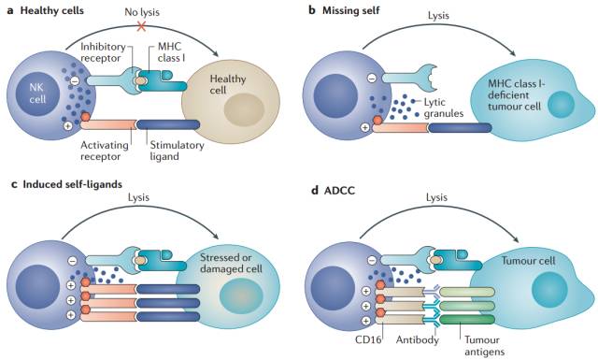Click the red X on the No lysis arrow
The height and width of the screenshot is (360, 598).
point(141,26)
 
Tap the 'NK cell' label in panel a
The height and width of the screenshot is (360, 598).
point(37,94)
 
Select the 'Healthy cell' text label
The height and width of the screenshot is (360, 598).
point(228,84)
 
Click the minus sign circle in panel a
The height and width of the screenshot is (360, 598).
point(75,80)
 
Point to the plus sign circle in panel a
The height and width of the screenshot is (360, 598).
point(68,125)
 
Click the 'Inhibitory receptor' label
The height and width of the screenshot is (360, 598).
point(103,52)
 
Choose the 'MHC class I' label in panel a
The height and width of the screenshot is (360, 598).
point(171,52)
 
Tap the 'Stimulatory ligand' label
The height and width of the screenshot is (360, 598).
point(177,151)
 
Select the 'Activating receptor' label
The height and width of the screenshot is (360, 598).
point(104,151)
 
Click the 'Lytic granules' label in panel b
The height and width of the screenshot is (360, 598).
point(444,108)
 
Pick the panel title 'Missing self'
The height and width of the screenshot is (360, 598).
point(351,10)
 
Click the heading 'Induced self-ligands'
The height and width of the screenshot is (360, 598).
point(73,184)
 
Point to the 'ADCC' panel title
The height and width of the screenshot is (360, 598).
point(339,190)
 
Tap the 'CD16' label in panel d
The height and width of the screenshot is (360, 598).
point(368,339)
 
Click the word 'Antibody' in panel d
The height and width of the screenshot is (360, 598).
point(418,339)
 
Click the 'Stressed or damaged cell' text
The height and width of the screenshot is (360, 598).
point(231,263)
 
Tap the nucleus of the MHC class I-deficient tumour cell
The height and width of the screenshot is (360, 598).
point(561,104)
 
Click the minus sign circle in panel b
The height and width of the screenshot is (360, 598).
point(372,79)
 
